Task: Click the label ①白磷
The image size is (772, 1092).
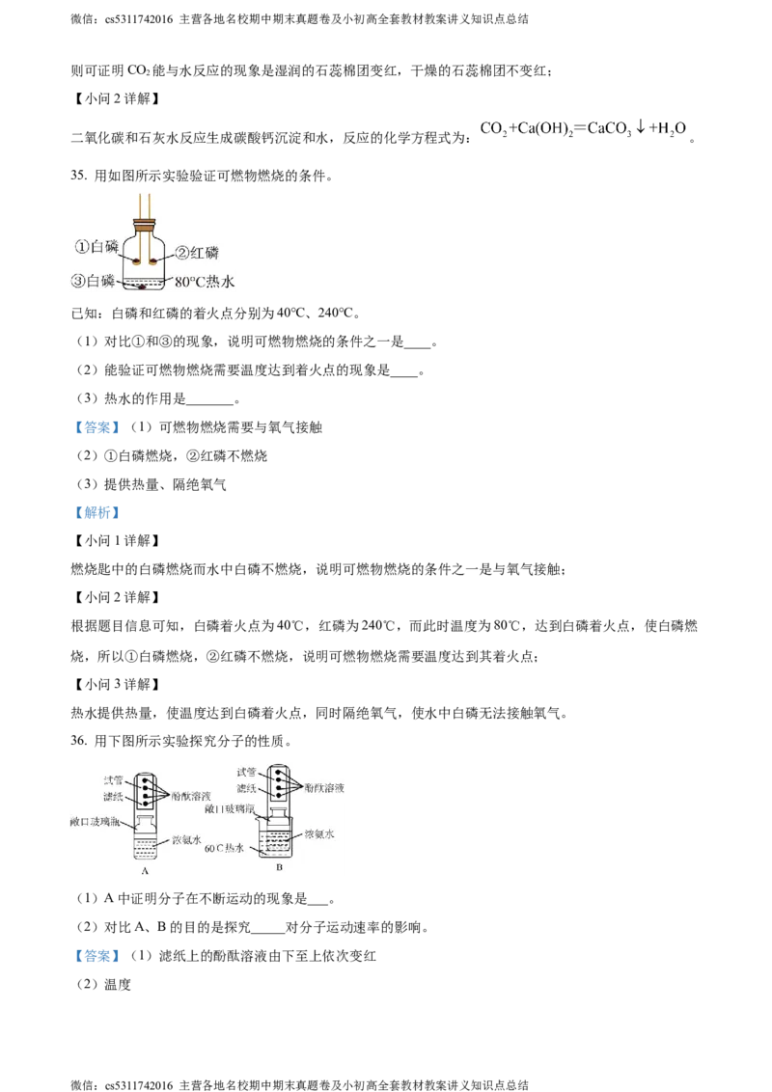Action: [96, 248]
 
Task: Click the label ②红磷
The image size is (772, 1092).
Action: [196, 253]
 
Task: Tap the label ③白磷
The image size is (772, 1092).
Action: [94, 281]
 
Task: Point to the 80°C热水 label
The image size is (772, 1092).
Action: [206, 283]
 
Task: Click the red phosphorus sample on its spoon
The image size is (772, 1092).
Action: [152, 260]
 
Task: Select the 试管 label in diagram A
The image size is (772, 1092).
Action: [114, 778]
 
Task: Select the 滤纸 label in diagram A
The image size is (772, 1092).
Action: [114, 796]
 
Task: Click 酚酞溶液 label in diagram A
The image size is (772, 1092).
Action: [190, 796]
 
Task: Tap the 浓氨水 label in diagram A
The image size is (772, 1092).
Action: [185, 840]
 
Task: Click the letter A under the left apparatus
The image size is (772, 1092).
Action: [144, 870]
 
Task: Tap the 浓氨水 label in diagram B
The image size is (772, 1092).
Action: [318, 833]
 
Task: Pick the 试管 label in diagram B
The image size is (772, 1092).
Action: [248, 772]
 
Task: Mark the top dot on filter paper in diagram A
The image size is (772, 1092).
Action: [144, 779]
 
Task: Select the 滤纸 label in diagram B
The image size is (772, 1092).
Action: [248, 788]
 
